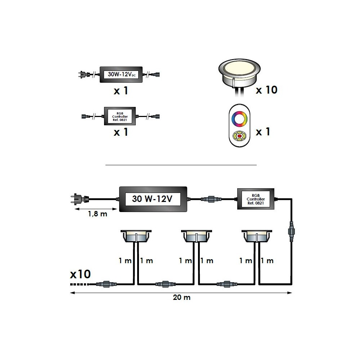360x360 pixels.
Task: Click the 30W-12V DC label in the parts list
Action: tap(121, 75)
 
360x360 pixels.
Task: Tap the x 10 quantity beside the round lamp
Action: tap(266, 90)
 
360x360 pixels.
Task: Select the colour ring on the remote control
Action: tap(239, 119)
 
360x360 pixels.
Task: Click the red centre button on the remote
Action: tap(239, 136)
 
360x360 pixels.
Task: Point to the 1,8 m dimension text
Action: tap(97, 214)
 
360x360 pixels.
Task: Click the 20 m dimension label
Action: tap(181, 297)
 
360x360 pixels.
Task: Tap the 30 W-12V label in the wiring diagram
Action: tap(152, 199)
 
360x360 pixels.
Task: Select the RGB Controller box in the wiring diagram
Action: tap(256, 199)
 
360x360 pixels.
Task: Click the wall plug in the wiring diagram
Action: tap(80, 199)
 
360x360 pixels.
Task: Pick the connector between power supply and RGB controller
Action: tap(211, 199)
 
